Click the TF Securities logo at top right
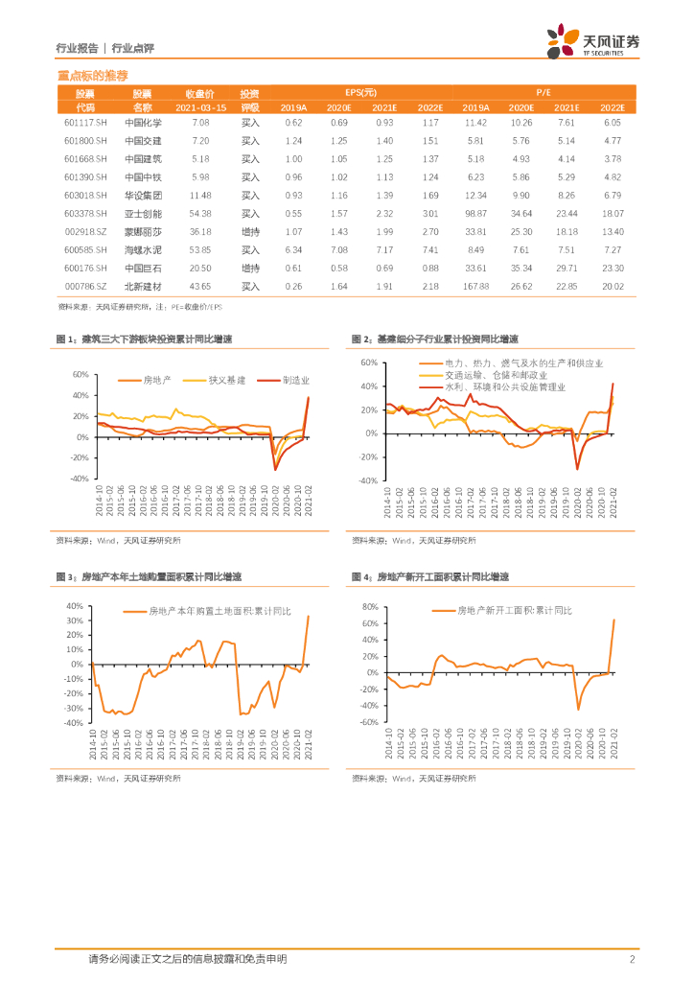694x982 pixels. (x=592, y=41)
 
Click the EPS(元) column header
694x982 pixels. (x=361, y=93)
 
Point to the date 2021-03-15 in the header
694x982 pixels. (x=200, y=107)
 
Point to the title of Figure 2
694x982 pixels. (x=435, y=339)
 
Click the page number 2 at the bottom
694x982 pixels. (x=632, y=959)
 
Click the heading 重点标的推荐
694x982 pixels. (x=92, y=75)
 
